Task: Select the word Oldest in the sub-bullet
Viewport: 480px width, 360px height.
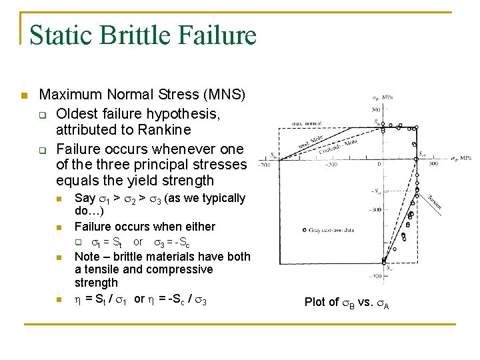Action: [x=78, y=113]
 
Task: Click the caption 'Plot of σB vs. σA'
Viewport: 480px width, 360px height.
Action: [x=347, y=302]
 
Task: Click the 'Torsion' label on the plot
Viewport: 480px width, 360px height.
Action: [x=433, y=198]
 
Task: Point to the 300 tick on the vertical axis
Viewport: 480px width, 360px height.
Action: [x=376, y=109]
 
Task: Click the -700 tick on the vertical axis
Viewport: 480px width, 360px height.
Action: [x=376, y=274]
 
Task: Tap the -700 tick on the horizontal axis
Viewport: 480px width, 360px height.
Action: [x=265, y=164]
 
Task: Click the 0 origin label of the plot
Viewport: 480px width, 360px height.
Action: [x=379, y=163]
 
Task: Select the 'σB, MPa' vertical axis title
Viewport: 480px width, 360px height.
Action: [x=382, y=98]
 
